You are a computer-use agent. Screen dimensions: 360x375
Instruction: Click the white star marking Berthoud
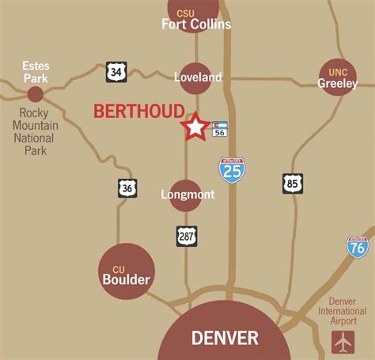click(x=195, y=127)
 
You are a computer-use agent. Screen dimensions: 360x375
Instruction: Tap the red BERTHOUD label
click(x=138, y=112)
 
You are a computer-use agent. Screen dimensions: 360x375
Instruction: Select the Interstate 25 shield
click(x=232, y=170)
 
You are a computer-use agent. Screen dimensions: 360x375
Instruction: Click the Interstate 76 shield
click(x=358, y=246)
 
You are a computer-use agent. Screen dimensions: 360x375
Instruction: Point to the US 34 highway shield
click(x=116, y=73)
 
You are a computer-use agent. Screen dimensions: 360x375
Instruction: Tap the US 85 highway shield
click(x=293, y=184)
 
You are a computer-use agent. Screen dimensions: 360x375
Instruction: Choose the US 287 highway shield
click(x=187, y=235)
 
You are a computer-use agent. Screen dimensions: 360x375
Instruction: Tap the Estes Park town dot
click(x=36, y=94)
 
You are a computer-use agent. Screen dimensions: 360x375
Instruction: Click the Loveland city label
click(x=198, y=78)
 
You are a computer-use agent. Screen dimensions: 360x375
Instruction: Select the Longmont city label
click(x=187, y=195)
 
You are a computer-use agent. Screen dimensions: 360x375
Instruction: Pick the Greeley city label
click(x=338, y=83)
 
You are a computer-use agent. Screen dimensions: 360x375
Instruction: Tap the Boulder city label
click(x=126, y=279)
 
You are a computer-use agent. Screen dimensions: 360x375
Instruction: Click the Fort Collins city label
click(x=196, y=24)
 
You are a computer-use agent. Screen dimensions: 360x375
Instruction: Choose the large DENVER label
click(x=225, y=338)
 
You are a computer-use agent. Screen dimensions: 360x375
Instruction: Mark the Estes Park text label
click(x=36, y=72)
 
